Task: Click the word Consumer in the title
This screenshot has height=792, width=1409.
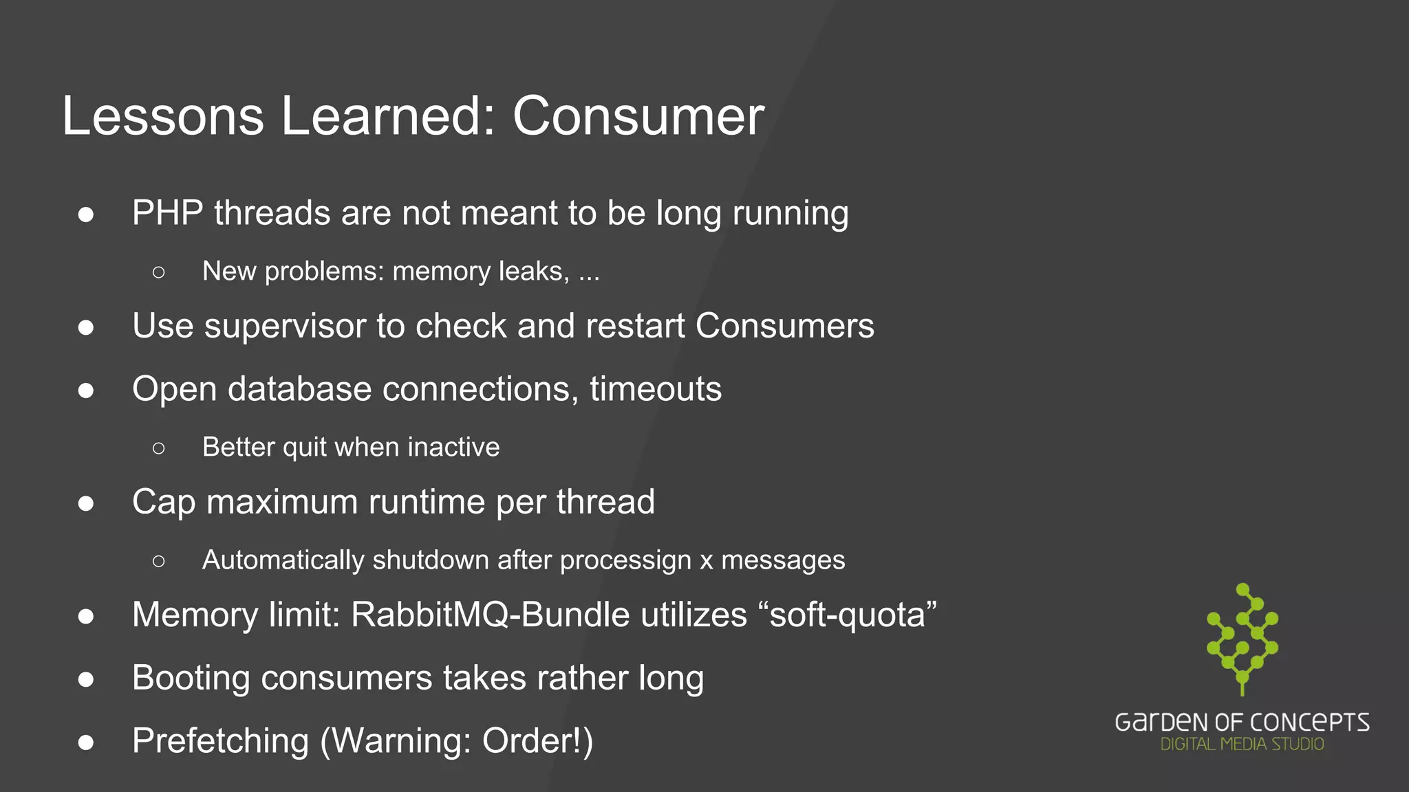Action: click(x=638, y=116)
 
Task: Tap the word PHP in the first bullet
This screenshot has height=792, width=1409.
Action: click(x=167, y=213)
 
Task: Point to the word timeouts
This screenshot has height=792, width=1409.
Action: click(x=656, y=389)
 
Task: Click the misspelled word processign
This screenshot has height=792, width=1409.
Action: click(x=625, y=560)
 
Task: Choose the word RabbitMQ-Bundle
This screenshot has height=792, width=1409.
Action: click(x=490, y=615)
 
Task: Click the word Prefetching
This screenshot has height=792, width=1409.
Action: click(x=220, y=741)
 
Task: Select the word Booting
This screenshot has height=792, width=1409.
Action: click(x=191, y=679)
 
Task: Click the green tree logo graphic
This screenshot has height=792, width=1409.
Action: click(x=1243, y=638)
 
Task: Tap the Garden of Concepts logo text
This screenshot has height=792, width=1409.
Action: click(x=1242, y=722)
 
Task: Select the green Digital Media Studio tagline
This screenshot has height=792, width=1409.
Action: click(x=1242, y=744)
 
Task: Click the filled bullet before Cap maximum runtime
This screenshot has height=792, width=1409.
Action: click(x=86, y=503)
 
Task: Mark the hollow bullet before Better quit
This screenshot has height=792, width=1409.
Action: click(x=159, y=448)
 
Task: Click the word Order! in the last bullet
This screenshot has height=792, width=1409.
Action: click(x=537, y=741)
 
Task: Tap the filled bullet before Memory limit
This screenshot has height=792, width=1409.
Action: click(x=86, y=616)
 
